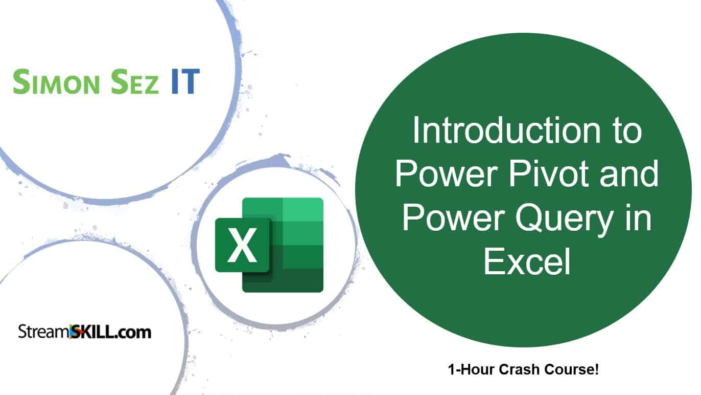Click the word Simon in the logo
tap(56, 81)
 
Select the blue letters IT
tap(185, 81)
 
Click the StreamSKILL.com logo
tap(84, 332)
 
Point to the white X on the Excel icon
tap(242, 245)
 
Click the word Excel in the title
tap(527, 261)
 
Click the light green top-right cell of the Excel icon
tap(303, 210)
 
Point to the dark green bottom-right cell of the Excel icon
tap(303, 280)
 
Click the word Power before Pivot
tap(447, 173)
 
